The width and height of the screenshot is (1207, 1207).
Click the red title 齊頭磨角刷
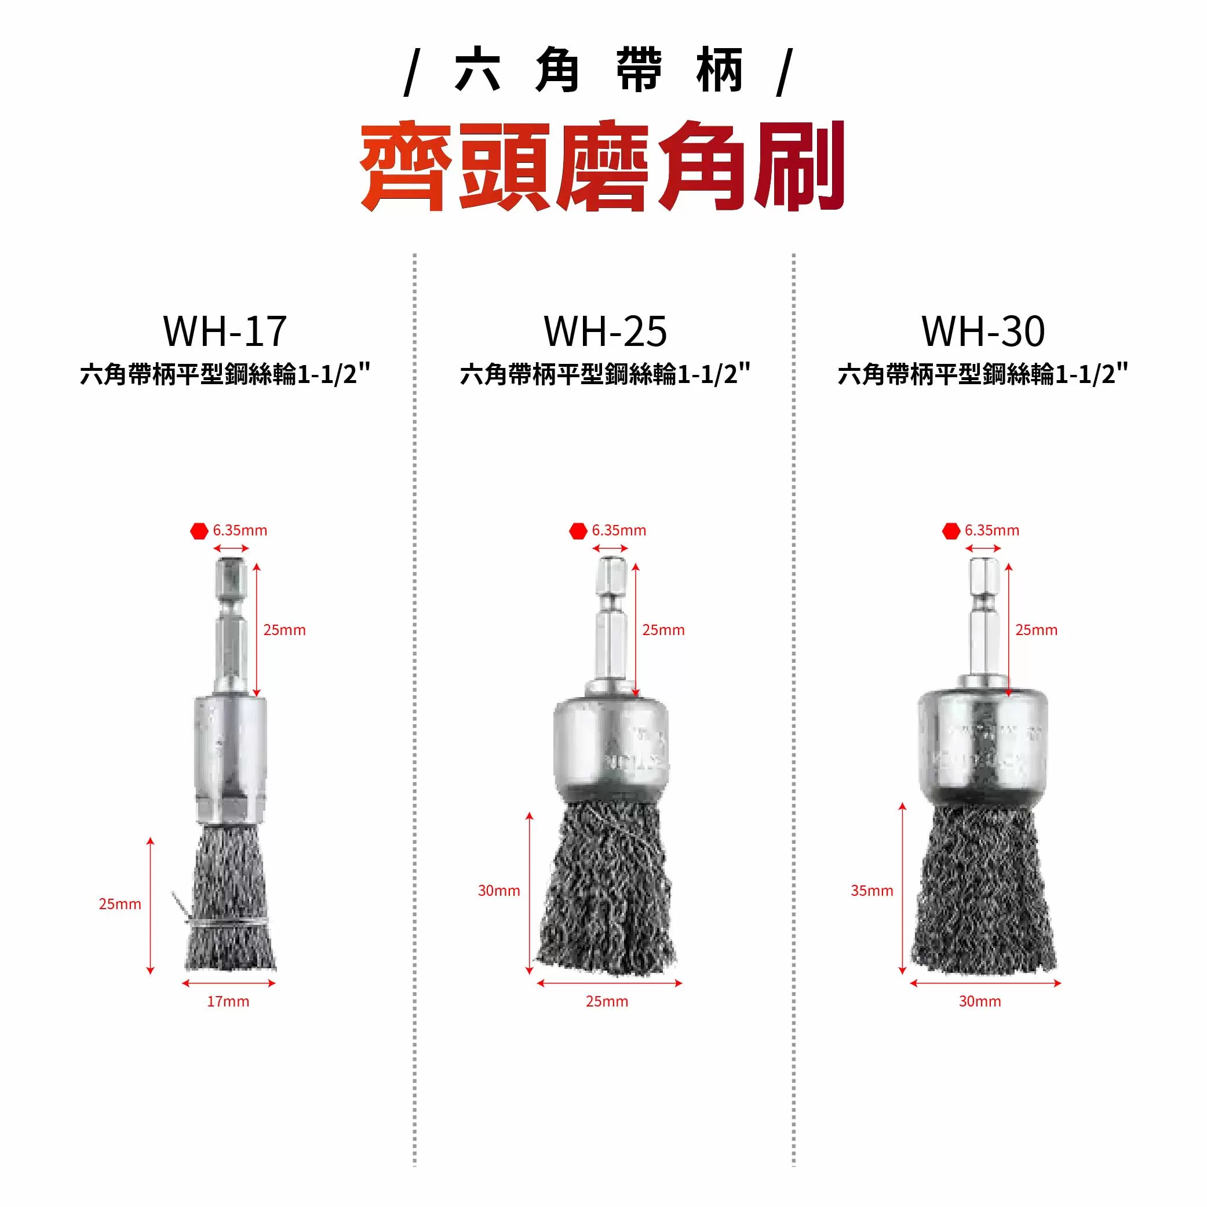coord(602,166)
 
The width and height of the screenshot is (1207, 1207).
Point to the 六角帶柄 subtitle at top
coord(599,70)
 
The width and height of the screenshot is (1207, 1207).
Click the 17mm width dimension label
coord(228,1001)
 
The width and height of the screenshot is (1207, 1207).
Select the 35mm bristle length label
coord(871,890)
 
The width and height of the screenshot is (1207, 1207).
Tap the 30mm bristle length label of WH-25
coord(498,890)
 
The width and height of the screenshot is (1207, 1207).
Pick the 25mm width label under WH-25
coord(607,1001)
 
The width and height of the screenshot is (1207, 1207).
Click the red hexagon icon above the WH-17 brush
coord(199,531)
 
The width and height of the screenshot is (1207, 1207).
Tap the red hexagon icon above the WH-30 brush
coord(951,531)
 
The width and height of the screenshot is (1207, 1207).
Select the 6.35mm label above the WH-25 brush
coord(618,530)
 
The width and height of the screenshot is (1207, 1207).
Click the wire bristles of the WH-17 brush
coord(230,900)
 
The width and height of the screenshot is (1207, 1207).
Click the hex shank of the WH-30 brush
coord(984,618)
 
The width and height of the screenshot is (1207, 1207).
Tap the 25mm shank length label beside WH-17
coord(285,630)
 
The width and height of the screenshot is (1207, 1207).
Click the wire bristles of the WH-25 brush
coord(606,894)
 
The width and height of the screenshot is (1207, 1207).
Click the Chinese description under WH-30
coord(983,374)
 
